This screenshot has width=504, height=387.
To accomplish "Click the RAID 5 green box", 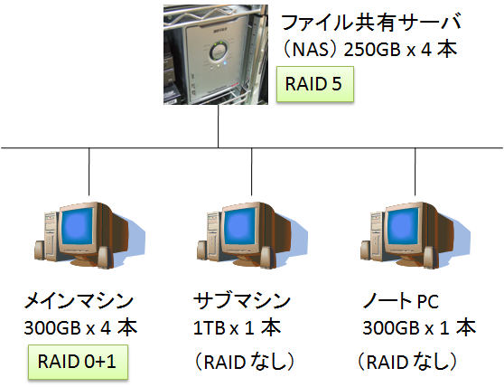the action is (315, 84).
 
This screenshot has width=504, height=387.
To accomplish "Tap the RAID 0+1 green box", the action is (78, 362).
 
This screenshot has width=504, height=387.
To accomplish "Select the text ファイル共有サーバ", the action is (371, 23).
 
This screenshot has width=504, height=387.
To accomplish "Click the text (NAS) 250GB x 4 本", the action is (369, 50).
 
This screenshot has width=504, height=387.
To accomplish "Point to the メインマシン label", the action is (79, 301).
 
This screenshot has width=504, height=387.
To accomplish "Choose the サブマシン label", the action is (242, 301).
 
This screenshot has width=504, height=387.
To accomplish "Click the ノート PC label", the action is (400, 301).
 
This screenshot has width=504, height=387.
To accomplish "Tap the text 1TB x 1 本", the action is (237, 328).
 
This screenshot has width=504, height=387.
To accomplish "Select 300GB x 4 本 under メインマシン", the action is (80, 328).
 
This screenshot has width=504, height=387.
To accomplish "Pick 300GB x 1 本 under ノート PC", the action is (419, 328).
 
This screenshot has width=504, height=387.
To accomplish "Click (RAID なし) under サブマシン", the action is (244, 362).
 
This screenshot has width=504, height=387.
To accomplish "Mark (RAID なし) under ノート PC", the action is (407, 362).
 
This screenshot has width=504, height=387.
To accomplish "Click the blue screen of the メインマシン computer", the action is (78, 228).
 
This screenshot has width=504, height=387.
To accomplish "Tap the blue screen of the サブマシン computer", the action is (240, 228).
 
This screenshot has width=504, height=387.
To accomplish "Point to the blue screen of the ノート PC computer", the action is (403, 228).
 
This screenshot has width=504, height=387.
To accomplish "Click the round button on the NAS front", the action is (220, 52).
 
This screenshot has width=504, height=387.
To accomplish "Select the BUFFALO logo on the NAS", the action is (220, 31).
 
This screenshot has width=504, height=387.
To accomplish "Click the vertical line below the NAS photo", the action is (219, 126).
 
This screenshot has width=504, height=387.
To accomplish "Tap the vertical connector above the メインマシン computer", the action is (89, 172).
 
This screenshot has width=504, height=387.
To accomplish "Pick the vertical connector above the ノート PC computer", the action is (415, 172).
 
